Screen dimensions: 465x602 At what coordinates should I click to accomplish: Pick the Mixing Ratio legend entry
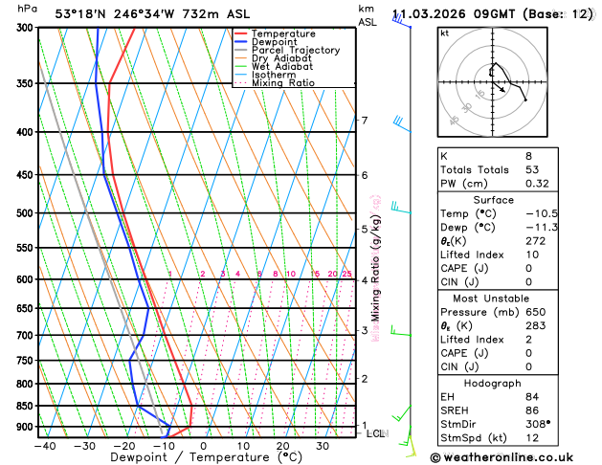pos(282,83)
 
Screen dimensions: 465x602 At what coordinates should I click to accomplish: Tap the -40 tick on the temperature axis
pos(44,446)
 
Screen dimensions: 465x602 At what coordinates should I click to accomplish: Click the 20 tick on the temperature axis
pos(283,446)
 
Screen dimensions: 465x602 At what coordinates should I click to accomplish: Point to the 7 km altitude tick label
pos(364,121)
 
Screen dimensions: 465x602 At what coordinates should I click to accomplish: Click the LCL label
pos(376,433)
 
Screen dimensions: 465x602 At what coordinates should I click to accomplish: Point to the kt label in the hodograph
pos(444,33)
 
